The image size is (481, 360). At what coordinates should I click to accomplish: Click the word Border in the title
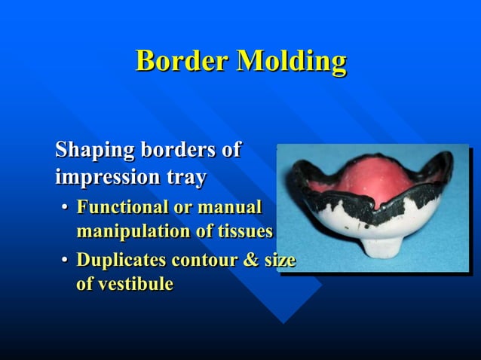click(182, 60)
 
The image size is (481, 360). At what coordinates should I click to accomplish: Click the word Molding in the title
click(292, 62)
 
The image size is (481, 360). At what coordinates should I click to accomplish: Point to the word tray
click(185, 179)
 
